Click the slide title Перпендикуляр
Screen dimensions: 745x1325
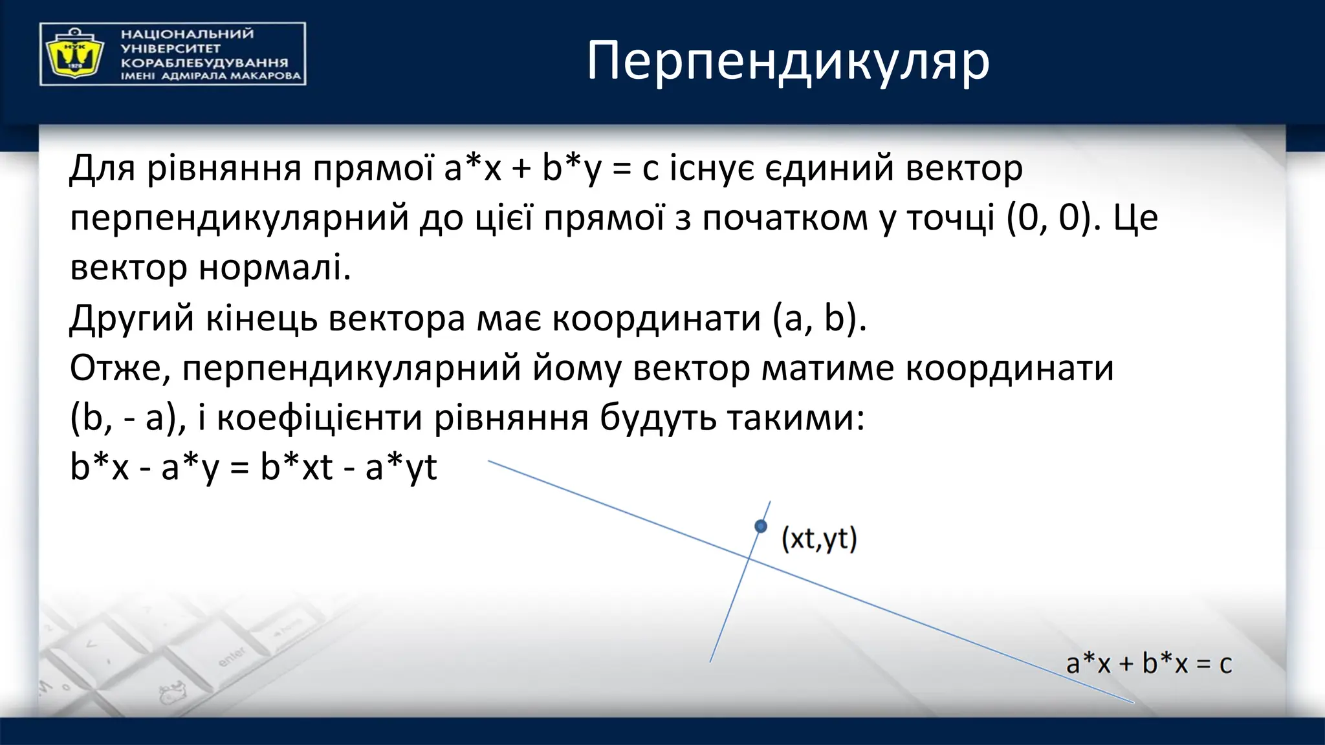(x=787, y=61)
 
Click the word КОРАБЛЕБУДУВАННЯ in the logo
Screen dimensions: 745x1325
(x=204, y=63)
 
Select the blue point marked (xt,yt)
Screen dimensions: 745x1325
(x=761, y=526)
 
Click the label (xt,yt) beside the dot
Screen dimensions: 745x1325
(x=819, y=539)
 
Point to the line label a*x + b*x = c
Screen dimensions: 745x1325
(x=1148, y=664)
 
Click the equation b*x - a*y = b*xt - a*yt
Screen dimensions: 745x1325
(x=253, y=467)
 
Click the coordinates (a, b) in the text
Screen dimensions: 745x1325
(x=819, y=318)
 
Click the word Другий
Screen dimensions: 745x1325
(x=131, y=318)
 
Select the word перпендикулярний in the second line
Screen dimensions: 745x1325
(x=239, y=218)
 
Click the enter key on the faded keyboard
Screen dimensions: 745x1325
(x=232, y=656)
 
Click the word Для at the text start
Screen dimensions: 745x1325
(x=102, y=168)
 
